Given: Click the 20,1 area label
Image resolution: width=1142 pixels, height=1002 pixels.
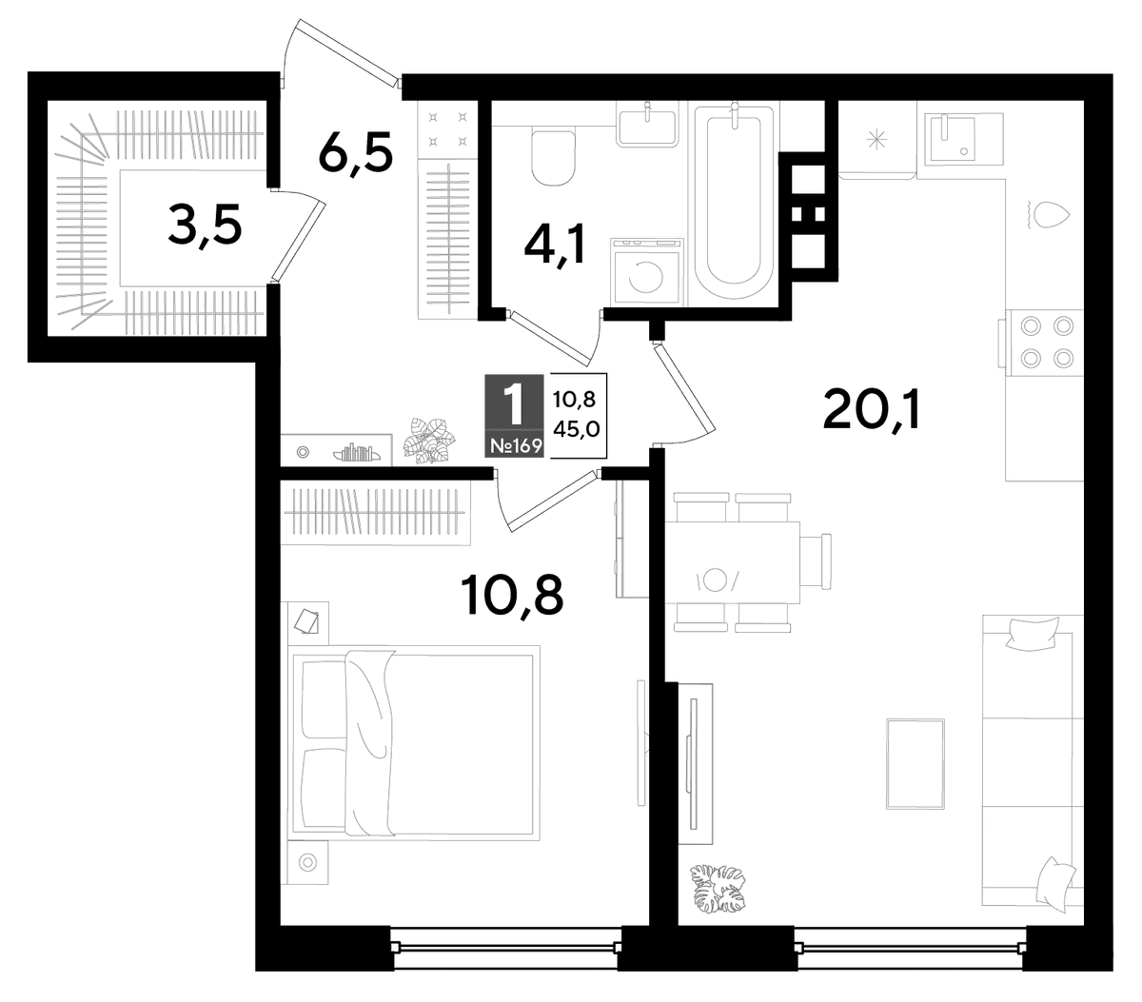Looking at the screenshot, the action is coord(871,410).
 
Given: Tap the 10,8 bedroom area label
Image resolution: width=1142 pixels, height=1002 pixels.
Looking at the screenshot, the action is coord(512,596).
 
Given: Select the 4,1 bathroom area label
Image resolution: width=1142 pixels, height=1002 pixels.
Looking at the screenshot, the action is coord(555,244).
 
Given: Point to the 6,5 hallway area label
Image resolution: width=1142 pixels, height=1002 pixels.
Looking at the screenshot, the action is coord(355,153).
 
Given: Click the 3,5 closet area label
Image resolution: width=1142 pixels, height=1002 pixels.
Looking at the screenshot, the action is coord(205,224).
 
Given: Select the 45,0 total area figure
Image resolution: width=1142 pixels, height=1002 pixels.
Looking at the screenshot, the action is coord(576,429).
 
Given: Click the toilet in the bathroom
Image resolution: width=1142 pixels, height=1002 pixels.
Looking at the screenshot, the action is coord(553,158).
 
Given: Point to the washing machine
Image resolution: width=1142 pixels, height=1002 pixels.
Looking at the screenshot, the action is coord(646,271).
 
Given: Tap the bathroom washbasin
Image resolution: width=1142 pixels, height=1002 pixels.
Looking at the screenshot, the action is coord(646,127).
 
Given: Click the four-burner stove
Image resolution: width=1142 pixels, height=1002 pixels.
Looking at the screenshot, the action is coord(1046,342).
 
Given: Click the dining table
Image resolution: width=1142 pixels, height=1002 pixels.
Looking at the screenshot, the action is coord(733,562).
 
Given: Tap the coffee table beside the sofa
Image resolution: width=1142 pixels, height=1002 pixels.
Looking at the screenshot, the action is coord(915,763).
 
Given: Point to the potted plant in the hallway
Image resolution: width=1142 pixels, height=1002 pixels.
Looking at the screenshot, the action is coord(429,440).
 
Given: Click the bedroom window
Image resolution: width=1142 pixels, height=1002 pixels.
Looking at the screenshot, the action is coord(505,948).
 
